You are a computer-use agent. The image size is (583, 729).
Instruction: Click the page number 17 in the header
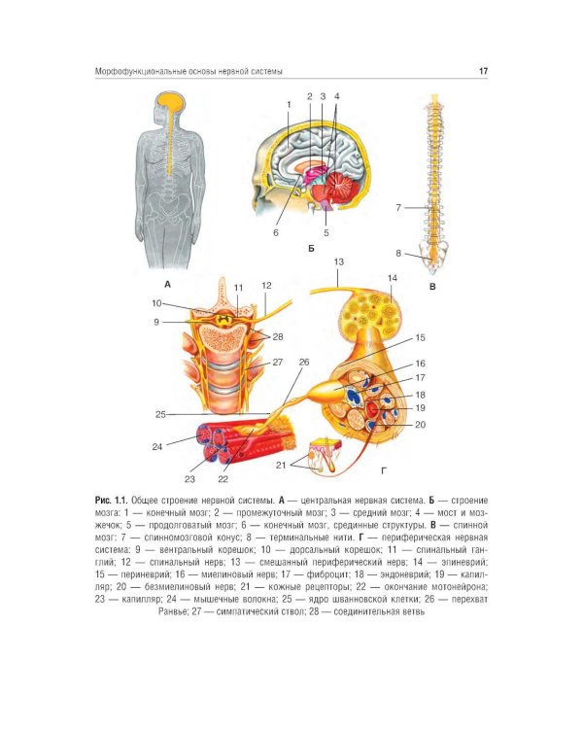point(483,71)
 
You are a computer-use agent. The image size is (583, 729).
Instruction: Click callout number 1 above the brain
point(289,105)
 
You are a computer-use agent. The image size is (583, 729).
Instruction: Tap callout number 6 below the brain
point(276,232)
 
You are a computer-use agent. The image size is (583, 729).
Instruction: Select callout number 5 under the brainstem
point(326,232)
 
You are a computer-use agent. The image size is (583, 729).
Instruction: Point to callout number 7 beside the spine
point(398,207)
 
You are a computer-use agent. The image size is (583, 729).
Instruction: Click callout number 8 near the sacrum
point(398,254)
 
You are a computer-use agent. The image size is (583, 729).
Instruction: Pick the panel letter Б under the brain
point(311,249)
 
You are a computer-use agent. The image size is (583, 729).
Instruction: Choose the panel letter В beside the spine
point(432,287)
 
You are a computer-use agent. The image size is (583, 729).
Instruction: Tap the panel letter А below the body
point(167,284)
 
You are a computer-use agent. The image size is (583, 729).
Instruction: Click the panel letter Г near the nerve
point(384,471)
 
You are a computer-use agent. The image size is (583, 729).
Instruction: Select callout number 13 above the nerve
point(338,261)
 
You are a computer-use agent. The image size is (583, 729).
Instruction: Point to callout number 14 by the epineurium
point(393,278)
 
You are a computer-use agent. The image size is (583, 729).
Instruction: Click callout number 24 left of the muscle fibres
point(157,447)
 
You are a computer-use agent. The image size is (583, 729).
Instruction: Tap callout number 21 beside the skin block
point(281,465)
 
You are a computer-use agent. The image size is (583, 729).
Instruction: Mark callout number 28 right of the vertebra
point(278,336)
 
